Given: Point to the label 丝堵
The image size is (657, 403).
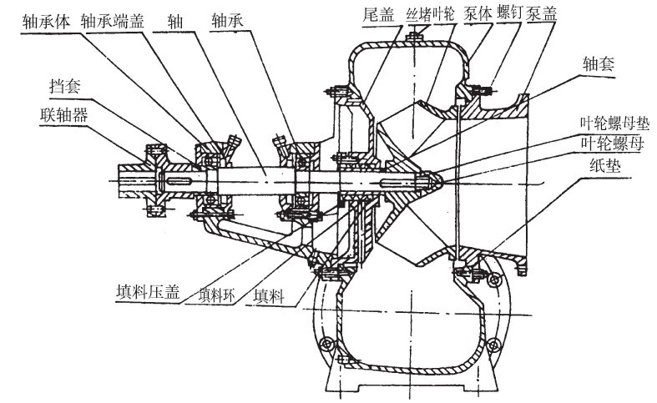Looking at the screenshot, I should pyautogui.click(x=418, y=14).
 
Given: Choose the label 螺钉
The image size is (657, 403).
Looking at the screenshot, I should pyautogui.click(x=518, y=14).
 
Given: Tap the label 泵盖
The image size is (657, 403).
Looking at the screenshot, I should pyautogui.click(x=553, y=14).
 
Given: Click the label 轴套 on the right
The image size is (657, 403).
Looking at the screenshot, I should pyautogui.click(x=599, y=62).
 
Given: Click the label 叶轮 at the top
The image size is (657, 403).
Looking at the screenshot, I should pyautogui.click(x=442, y=14).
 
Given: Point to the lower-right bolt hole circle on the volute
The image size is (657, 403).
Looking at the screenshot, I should pyautogui.click(x=498, y=344).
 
